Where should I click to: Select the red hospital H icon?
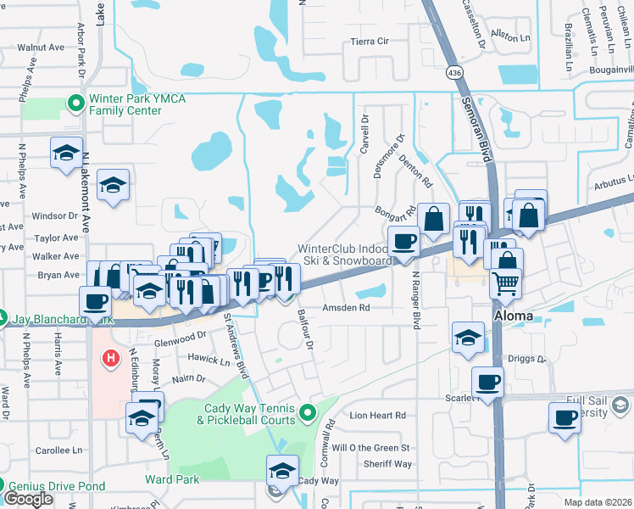110,360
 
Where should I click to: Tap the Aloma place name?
514,316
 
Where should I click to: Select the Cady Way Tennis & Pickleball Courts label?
250,414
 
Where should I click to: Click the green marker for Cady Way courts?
308,414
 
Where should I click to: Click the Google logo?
28,499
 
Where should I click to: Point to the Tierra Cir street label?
369,41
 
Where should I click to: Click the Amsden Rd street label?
347,308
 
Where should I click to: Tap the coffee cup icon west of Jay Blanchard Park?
96,300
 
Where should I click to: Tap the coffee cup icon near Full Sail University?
564,417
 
